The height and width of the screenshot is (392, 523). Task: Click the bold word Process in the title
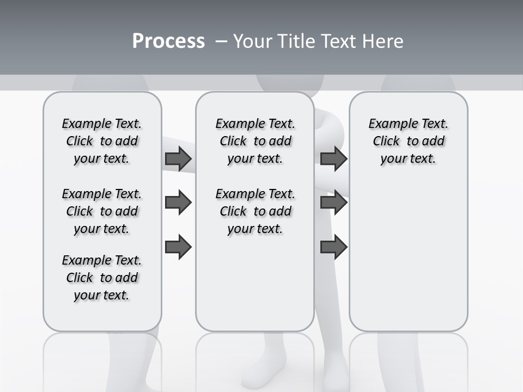pyautogui.click(x=168, y=41)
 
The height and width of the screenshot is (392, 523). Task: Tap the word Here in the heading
pyautogui.click(x=381, y=41)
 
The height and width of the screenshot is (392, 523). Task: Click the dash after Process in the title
pyautogui.click(x=221, y=41)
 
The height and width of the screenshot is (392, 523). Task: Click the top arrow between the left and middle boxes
pyautogui.click(x=178, y=158)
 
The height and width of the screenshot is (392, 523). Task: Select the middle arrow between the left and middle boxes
pyautogui.click(x=178, y=203)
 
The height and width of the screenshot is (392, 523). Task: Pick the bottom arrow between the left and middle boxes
pyautogui.click(x=178, y=247)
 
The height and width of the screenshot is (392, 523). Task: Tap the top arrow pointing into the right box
pyautogui.click(x=333, y=158)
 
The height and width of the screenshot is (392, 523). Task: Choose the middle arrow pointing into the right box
pyautogui.click(x=333, y=203)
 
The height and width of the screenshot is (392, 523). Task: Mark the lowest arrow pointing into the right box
pyautogui.click(x=333, y=247)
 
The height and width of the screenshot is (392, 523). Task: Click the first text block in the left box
pyautogui.click(x=102, y=141)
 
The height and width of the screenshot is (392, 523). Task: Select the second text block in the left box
pyautogui.click(x=102, y=211)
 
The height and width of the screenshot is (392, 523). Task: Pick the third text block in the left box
pyautogui.click(x=102, y=278)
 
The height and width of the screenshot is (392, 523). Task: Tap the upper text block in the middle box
pyautogui.click(x=255, y=141)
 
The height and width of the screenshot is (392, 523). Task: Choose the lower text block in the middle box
pyautogui.click(x=255, y=211)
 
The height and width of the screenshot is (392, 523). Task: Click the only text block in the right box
pyautogui.click(x=408, y=141)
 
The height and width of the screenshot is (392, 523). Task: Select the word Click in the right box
pyautogui.click(x=386, y=142)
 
